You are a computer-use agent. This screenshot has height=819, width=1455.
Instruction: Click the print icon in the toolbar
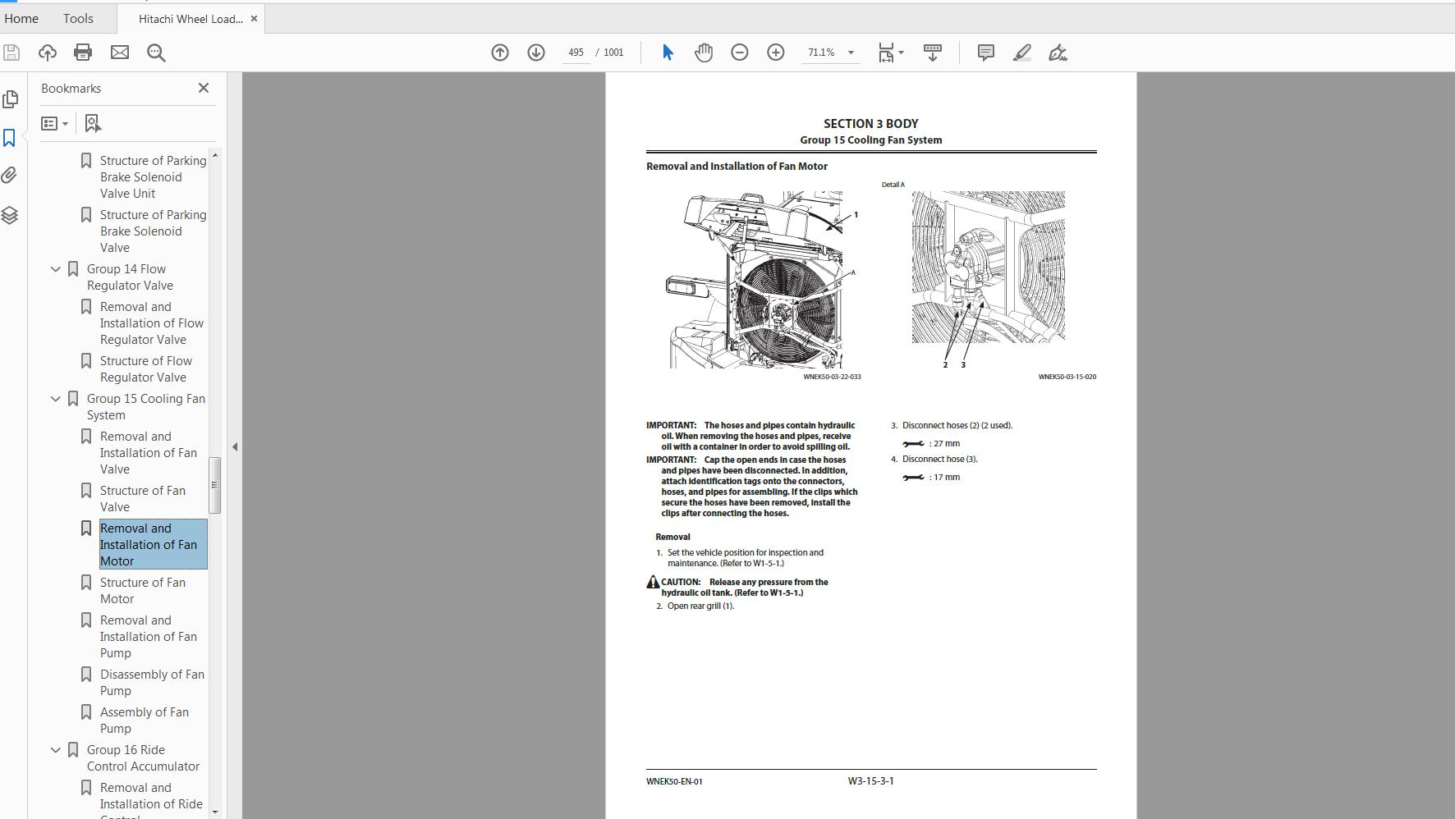click(x=83, y=53)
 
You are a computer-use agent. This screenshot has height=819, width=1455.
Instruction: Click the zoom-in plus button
click(x=775, y=53)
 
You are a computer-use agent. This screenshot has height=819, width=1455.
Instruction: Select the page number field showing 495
click(x=576, y=53)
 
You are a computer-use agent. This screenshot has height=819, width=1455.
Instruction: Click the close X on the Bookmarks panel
click(x=204, y=88)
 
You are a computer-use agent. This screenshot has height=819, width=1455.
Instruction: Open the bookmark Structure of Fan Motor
click(x=142, y=590)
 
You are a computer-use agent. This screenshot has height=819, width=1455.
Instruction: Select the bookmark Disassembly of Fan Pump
click(x=152, y=682)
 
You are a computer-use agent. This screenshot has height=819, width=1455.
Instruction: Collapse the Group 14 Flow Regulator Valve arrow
click(x=56, y=269)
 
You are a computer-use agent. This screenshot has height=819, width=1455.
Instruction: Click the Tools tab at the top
click(x=78, y=18)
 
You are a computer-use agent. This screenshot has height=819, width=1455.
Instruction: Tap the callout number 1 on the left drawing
click(x=856, y=215)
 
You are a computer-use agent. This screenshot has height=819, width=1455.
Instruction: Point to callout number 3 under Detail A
click(x=963, y=365)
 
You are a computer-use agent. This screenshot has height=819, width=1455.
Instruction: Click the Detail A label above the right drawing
click(x=893, y=185)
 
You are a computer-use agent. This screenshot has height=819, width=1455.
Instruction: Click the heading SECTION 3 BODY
click(x=870, y=124)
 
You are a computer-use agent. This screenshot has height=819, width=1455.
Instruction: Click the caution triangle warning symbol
click(x=653, y=582)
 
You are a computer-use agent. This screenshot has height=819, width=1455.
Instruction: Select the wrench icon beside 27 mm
click(x=913, y=444)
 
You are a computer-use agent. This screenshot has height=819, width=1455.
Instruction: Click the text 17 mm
click(x=946, y=477)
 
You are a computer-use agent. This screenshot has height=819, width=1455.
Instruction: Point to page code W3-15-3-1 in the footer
click(x=870, y=781)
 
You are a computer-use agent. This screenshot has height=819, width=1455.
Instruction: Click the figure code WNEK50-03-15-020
click(x=1067, y=377)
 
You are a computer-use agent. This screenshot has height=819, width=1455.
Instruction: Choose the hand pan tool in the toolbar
click(x=704, y=53)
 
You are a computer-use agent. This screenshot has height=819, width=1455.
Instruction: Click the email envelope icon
click(x=120, y=53)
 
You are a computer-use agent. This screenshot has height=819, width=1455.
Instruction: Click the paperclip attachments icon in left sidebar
click(x=10, y=176)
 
